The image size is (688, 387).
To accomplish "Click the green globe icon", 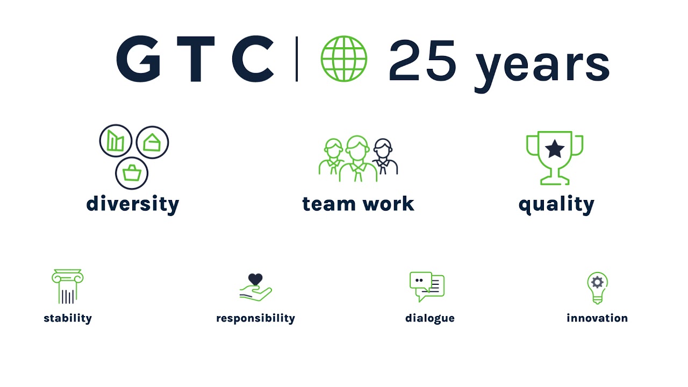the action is click(x=343, y=59).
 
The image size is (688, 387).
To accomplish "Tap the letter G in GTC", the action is click(x=138, y=59).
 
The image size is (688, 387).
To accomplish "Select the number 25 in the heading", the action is click(x=422, y=60).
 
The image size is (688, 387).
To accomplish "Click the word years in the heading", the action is click(x=542, y=70).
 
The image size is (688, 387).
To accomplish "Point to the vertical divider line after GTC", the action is click(x=297, y=59).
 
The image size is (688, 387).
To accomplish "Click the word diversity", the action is click(x=133, y=204).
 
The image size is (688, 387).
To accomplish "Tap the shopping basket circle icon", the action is click(x=132, y=173).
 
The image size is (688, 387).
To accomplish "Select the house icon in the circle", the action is click(x=152, y=142).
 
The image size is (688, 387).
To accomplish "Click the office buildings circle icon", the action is click(x=116, y=141).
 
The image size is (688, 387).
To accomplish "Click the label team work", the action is click(x=359, y=204).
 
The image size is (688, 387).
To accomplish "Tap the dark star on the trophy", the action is click(x=555, y=149).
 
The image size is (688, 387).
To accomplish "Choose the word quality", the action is click(x=556, y=205).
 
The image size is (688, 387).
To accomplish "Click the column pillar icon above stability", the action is click(x=68, y=286).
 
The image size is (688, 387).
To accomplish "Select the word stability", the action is click(x=68, y=318).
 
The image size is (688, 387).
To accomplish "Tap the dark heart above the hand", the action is click(x=255, y=279).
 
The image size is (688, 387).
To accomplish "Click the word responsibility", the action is click(x=255, y=319).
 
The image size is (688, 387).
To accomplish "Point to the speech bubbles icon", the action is click(x=427, y=287).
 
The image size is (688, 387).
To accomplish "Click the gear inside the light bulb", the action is click(x=597, y=282).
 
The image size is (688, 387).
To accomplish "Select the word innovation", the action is click(x=597, y=318).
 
